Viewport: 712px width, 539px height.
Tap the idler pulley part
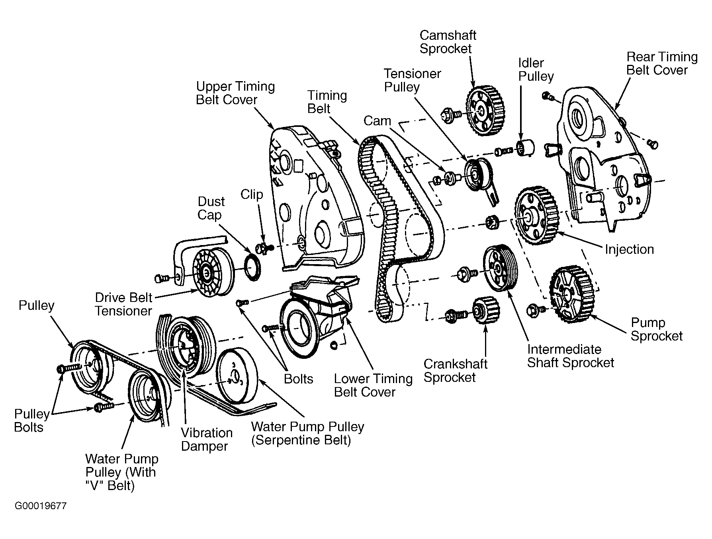point(525,149)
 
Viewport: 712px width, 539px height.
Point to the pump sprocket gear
point(570,295)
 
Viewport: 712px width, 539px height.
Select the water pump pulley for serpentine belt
point(237,377)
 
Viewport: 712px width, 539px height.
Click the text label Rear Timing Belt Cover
point(661,64)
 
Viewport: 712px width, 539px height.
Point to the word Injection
point(629,249)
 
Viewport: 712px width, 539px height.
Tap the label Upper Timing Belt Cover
point(235,93)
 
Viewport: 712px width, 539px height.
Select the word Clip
point(252,195)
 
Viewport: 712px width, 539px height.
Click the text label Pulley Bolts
point(31,420)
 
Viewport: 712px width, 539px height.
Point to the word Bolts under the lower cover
point(298,379)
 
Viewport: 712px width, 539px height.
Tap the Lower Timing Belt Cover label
point(373,385)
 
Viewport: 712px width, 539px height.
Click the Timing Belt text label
point(327,102)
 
